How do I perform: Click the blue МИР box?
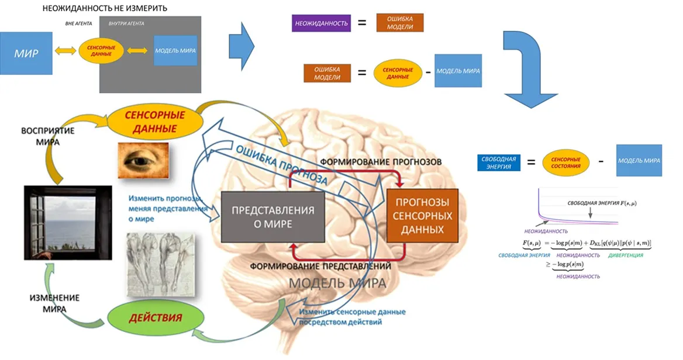[x=26, y=53]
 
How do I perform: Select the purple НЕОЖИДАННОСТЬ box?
[x=320, y=23]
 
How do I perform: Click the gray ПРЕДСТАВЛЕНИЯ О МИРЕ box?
[x=272, y=216]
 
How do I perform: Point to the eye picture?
[x=143, y=160]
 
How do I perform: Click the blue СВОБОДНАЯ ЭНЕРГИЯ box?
[x=499, y=162]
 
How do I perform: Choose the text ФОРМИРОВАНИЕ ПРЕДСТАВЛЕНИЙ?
[x=320, y=266]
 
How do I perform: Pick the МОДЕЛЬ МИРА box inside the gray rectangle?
[x=175, y=50]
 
